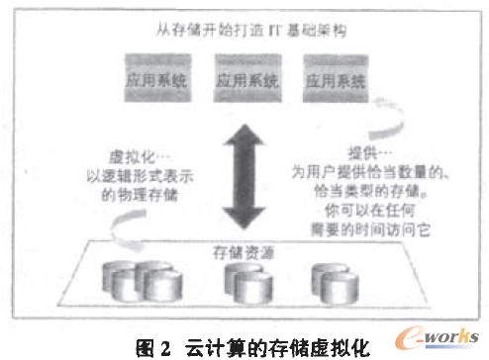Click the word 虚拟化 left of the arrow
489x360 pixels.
[133, 155]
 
